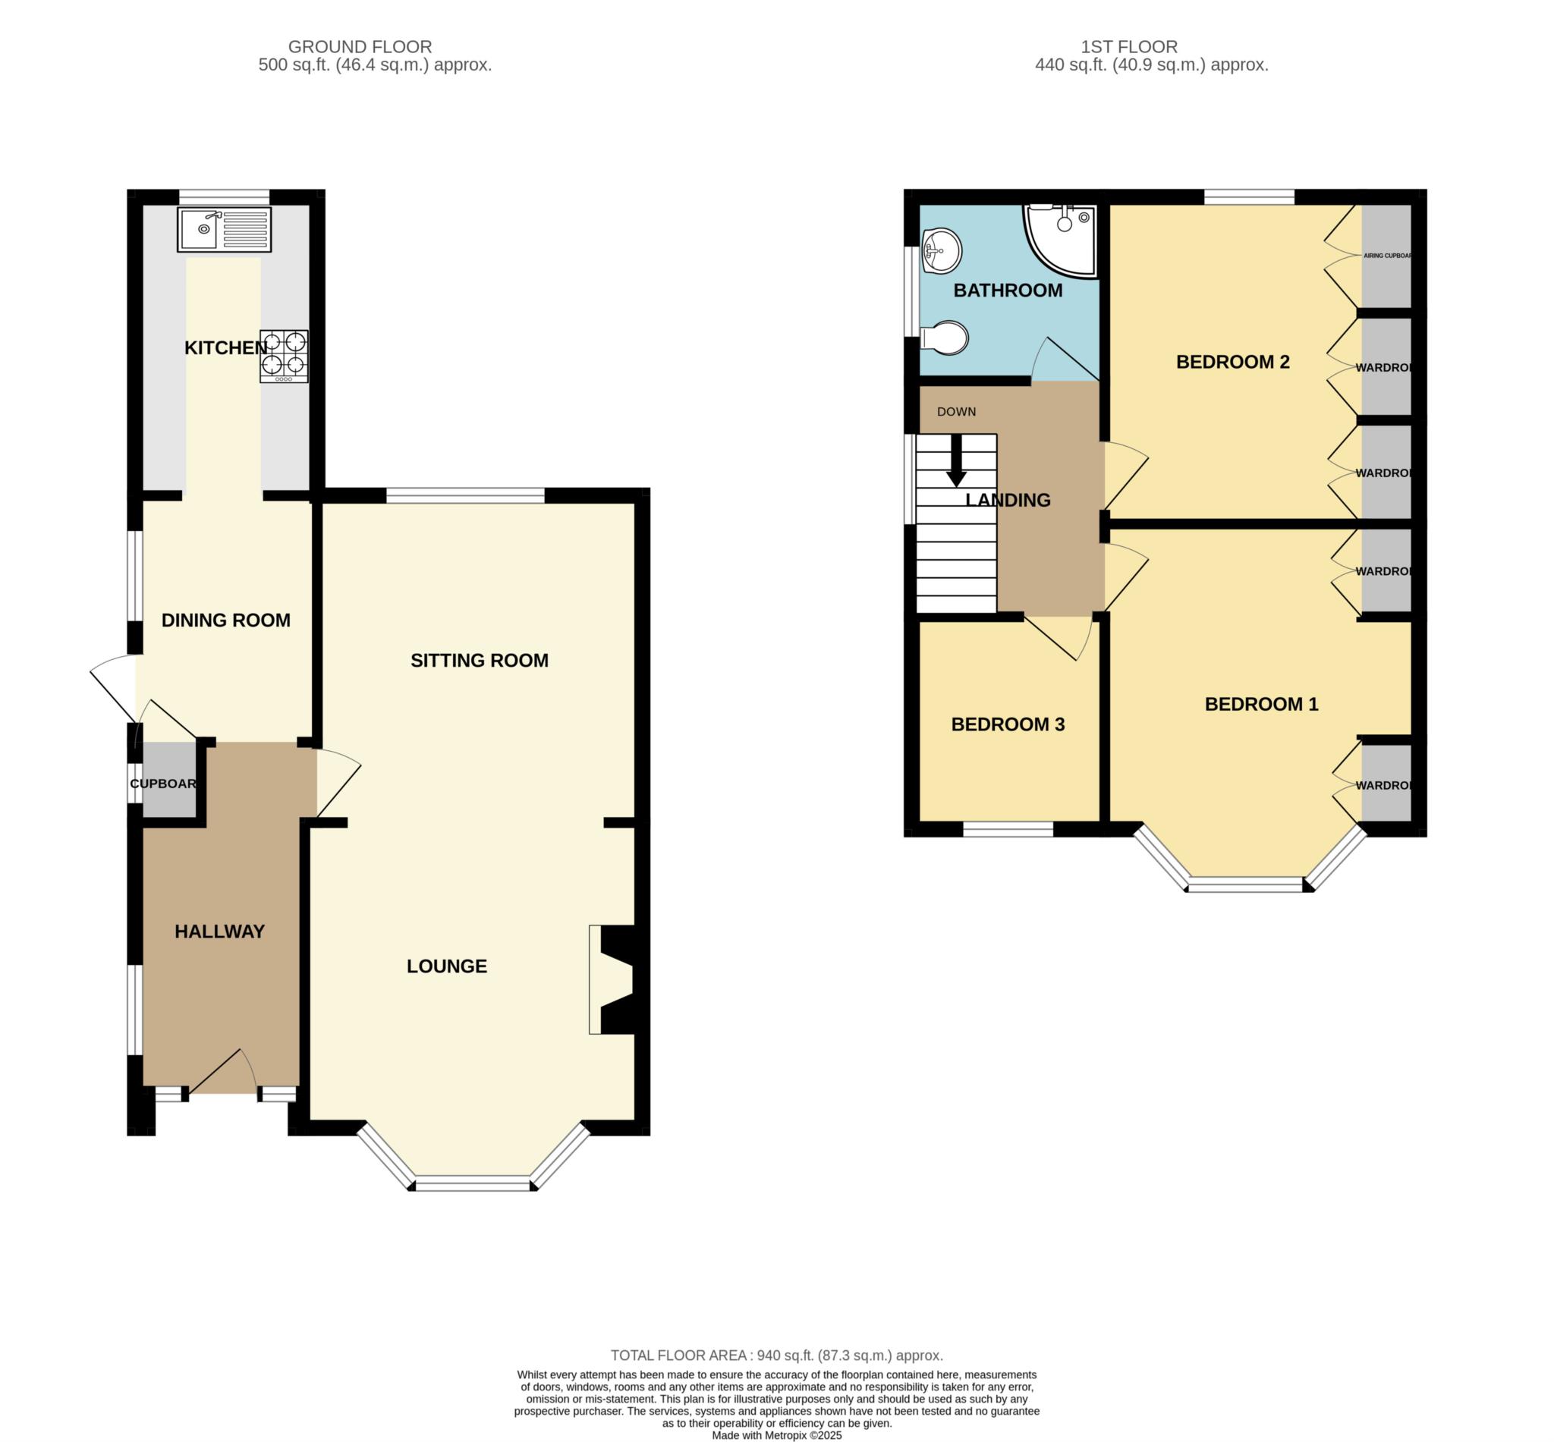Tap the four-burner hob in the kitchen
[284, 356]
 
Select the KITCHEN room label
[225, 348]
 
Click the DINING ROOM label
[225, 620]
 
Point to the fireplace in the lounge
[615, 979]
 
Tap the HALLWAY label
[219, 931]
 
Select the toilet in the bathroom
[945, 338]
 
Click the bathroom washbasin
[942, 250]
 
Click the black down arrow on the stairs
[956, 463]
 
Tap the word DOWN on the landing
[956, 411]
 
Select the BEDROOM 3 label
[1008, 724]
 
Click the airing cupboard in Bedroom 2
[1386, 256]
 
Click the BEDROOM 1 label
[1261, 704]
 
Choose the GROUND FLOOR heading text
[360, 47]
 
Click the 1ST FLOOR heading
[1129, 47]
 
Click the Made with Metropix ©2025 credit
[776, 1435]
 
